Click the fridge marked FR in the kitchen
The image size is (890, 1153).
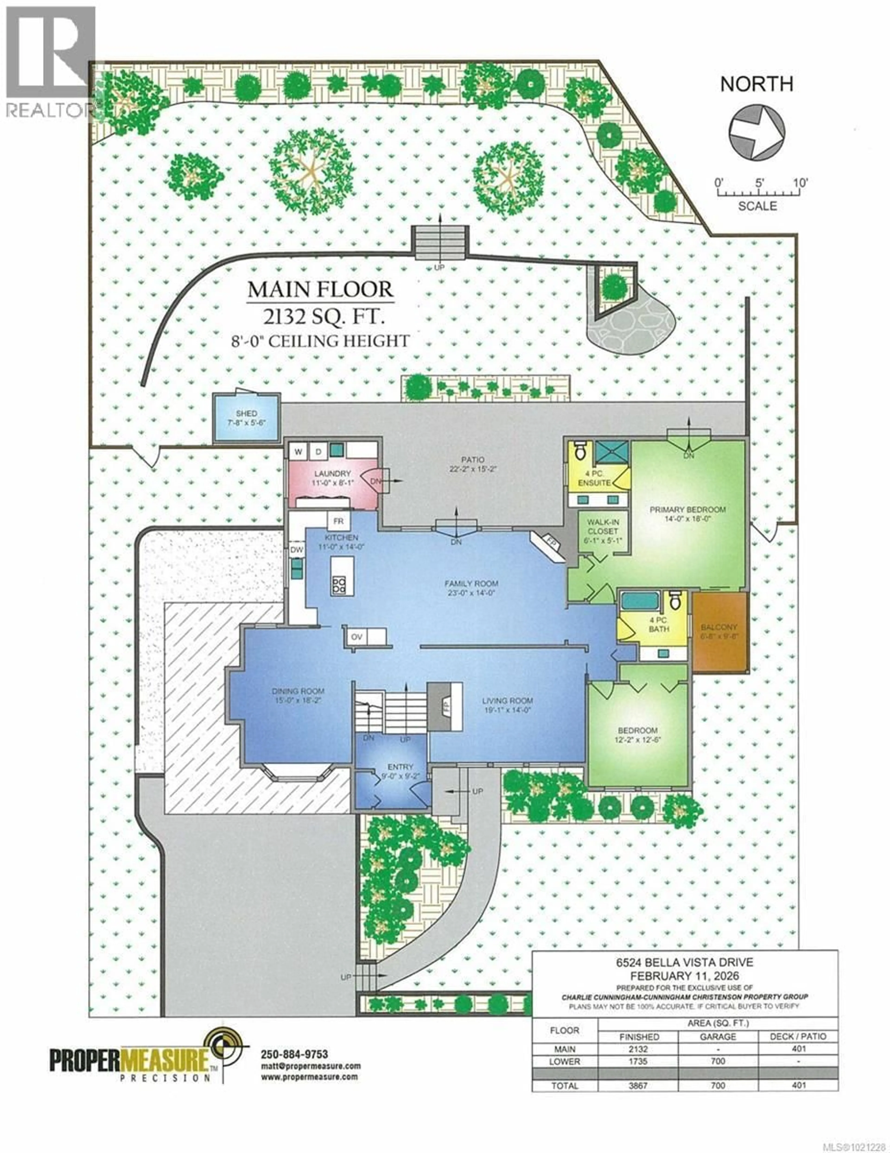[x=338, y=521]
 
